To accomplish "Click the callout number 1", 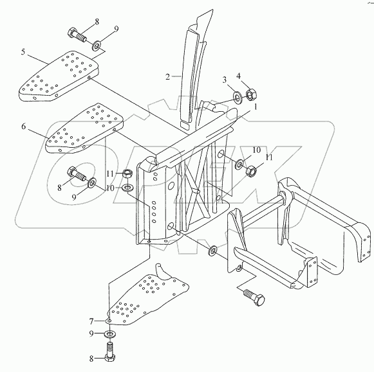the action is point(256,107).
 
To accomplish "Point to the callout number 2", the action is point(167,76).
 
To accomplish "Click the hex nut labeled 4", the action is point(251,94).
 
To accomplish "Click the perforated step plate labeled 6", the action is point(85,128).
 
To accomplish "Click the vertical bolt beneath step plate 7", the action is point(109,350).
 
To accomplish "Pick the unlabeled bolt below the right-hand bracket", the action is point(254,297).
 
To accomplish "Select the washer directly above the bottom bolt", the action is point(109,333).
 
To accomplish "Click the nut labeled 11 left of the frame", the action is point(128,173).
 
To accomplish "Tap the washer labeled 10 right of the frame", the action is point(239,164).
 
